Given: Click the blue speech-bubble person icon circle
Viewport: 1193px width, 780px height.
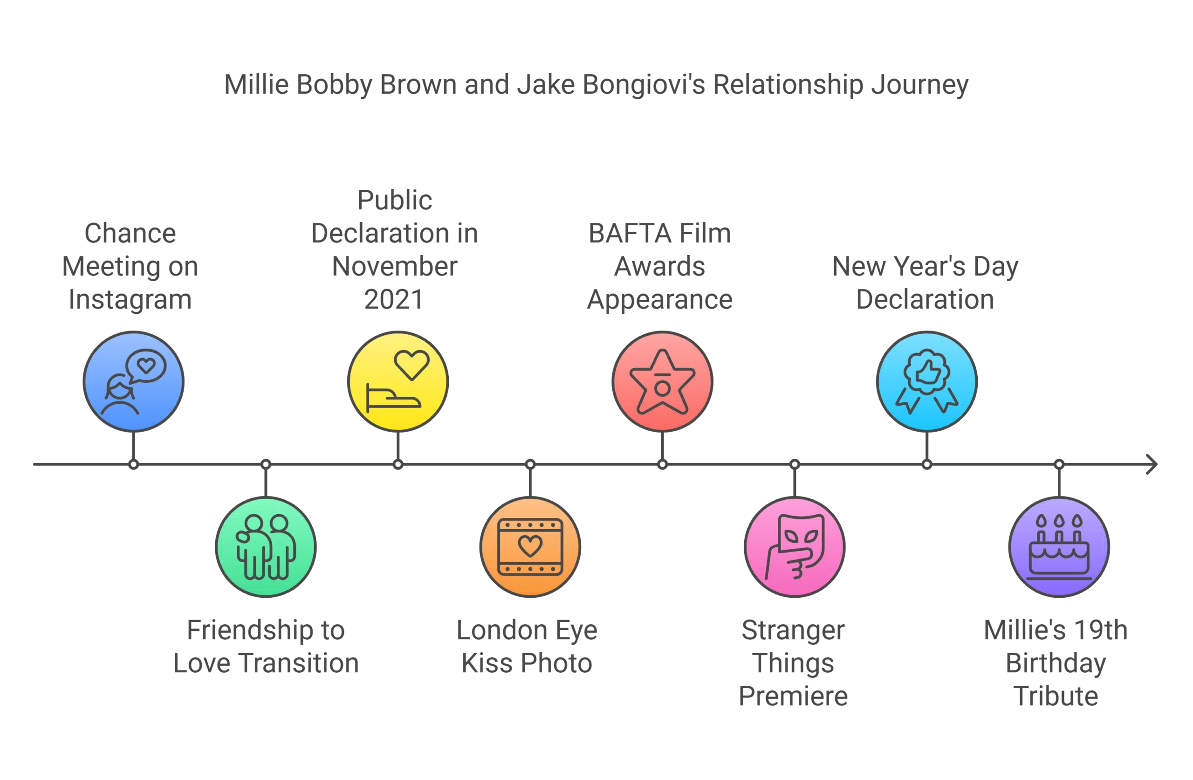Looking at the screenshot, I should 133,381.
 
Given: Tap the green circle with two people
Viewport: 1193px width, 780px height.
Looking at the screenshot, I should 266,547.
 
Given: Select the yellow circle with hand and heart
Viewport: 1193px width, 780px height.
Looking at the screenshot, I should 398,381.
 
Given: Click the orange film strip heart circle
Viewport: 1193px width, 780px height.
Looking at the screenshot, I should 530,547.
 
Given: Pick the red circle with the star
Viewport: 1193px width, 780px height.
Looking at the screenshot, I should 663,381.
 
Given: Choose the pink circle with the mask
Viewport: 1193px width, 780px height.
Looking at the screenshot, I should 795,547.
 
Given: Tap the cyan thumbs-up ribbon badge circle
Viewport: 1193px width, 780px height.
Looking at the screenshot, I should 927,381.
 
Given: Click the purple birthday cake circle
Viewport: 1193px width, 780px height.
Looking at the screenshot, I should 1059,547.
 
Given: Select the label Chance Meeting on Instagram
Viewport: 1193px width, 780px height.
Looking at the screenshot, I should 131,266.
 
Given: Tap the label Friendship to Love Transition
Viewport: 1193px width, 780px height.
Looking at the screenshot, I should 266,648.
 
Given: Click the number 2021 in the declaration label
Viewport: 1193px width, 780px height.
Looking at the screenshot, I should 392,299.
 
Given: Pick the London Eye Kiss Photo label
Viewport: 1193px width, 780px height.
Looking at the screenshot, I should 528,648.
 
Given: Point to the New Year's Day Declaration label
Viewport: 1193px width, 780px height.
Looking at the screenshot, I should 926,283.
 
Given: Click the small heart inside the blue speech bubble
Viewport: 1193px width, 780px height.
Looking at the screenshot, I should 146,366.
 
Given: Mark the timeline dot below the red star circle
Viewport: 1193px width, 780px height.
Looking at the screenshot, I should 663,465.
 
